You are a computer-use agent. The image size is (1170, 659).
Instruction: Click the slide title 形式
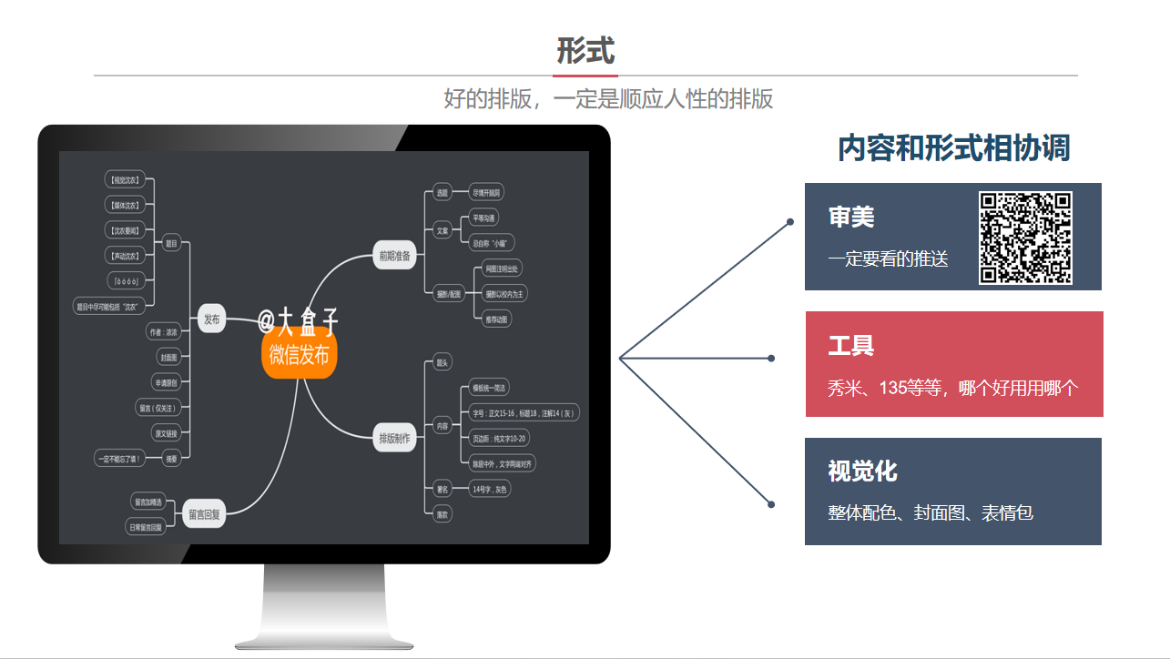(585, 51)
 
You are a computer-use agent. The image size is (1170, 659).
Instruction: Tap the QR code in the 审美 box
(1025, 238)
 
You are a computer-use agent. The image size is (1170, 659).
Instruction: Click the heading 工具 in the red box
(851, 346)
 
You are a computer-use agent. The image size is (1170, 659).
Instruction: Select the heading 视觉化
(862, 471)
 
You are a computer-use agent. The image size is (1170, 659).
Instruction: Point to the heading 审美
(851, 217)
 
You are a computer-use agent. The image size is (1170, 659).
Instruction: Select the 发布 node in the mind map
(211, 319)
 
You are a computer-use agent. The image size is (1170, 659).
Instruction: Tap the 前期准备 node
(395, 256)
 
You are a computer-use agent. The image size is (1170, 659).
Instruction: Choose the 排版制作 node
(394, 439)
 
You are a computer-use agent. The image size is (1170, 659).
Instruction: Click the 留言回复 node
(204, 514)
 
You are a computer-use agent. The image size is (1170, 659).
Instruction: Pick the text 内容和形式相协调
(953, 148)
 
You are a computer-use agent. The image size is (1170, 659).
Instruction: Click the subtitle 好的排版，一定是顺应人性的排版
(608, 98)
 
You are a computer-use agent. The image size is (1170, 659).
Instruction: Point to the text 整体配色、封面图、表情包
(931, 513)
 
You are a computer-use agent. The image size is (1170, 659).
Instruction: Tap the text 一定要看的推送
(888, 259)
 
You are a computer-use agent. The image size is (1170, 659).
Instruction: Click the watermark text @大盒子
(298, 321)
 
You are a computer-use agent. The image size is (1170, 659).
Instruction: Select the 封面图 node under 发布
(168, 357)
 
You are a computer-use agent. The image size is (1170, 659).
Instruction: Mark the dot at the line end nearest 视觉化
(771, 504)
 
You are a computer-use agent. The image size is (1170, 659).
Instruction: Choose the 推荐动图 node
(496, 319)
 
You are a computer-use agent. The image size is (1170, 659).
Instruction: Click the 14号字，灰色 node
(490, 489)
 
